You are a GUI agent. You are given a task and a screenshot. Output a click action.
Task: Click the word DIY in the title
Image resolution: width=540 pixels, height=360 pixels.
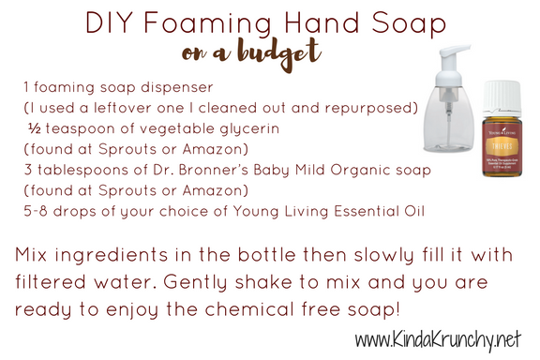(x=110, y=22)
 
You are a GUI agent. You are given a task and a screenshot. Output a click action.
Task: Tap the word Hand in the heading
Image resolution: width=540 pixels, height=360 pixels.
(x=322, y=22)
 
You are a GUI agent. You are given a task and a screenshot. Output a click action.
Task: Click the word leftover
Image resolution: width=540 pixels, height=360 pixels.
(x=123, y=108)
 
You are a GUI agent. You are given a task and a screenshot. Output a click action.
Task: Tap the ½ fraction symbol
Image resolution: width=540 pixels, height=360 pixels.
(x=35, y=128)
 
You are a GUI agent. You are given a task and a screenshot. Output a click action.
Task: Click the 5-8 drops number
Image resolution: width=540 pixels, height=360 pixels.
(x=36, y=211)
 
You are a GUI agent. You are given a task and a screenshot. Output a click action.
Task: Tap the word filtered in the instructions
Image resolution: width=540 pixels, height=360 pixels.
(x=51, y=281)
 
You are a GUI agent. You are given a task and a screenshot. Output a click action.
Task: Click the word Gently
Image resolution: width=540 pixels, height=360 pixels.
(x=195, y=282)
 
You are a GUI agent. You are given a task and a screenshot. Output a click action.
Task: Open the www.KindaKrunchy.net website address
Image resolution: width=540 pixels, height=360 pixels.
(x=438, y=339)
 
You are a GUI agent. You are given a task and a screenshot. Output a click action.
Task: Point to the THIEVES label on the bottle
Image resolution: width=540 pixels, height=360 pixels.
(x=502, y=146)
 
